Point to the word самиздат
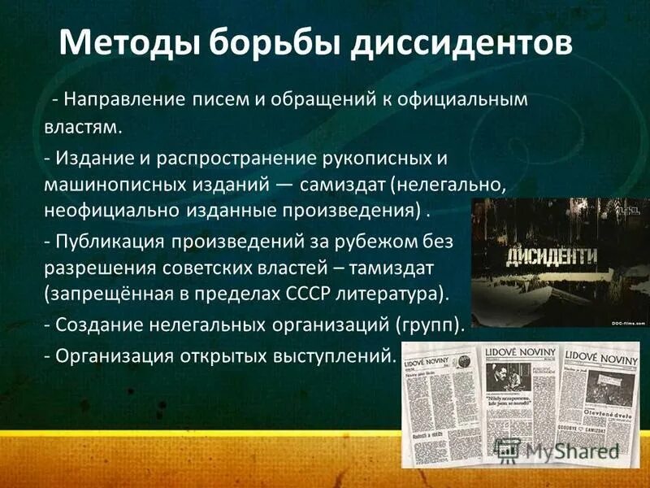click(x=341, y=185)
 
